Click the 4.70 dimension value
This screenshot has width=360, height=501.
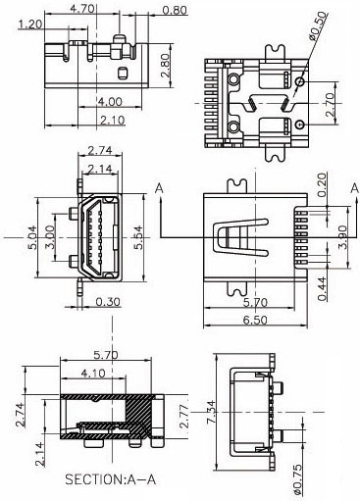click(82, 8)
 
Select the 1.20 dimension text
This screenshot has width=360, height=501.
click(30, 25)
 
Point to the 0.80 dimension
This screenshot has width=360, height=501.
click(175, 10)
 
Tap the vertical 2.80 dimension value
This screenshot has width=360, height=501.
click(165, 66)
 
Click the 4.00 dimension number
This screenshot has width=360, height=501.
click(110, 102)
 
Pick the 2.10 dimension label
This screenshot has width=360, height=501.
click(112, 121)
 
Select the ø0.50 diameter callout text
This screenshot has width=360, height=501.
click(318, 26)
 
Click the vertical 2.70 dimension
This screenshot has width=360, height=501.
click(330, 105)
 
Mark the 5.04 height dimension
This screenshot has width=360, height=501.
click(32, 237)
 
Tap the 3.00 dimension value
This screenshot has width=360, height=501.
click(49, 237)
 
